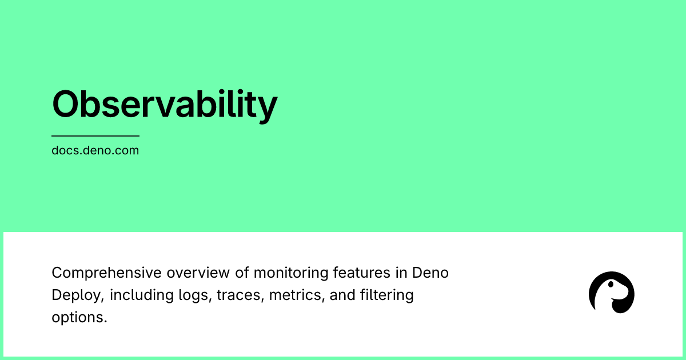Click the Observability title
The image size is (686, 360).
pos(165,105)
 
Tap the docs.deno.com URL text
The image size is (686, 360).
pos(95,151)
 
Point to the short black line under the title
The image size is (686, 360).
pos(95,136)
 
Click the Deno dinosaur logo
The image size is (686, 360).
pos(611,293)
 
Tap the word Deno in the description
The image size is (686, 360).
pos(430,273)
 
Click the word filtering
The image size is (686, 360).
pos(386,295)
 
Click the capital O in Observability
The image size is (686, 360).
pos(67,105)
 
